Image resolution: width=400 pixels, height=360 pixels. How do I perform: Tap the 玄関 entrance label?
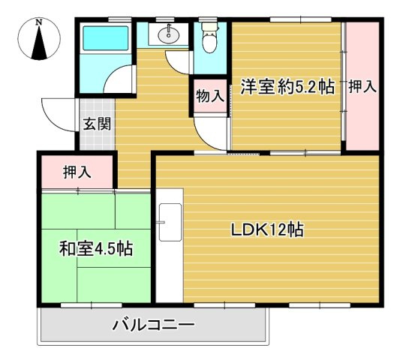[x=97, y=124]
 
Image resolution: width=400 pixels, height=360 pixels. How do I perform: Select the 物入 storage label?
[x=210, y=96]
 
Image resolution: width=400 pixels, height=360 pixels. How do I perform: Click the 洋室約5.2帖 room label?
[x=287, y=86]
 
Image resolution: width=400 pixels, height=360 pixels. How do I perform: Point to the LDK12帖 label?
[x=266, y=230]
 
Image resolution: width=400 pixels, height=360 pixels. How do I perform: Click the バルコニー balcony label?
[x=154, y=325]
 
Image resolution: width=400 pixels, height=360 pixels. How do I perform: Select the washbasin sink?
[x=168, y=34]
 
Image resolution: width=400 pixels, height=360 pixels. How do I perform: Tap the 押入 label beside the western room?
[x=362, y=86]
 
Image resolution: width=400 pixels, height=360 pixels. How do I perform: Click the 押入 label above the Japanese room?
[x=77, y=172]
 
